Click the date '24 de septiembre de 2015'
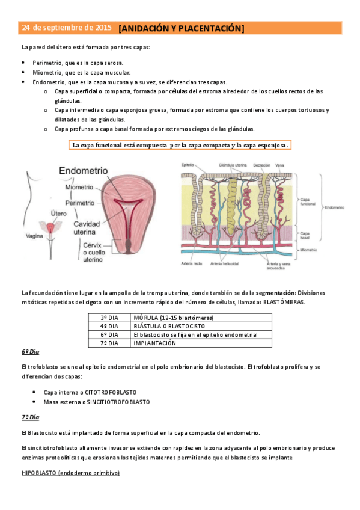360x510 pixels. click(66, 28)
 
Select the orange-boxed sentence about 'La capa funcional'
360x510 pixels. click(180, 145)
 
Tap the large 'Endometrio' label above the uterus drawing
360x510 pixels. click(84, 171)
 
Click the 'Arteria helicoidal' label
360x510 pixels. click(225, 263)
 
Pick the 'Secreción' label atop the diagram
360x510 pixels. click(261, 165)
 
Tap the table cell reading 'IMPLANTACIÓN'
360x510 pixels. click(154, 343)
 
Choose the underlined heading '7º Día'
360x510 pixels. click(30, 416)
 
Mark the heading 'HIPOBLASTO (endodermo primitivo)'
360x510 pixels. click(70, 473)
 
